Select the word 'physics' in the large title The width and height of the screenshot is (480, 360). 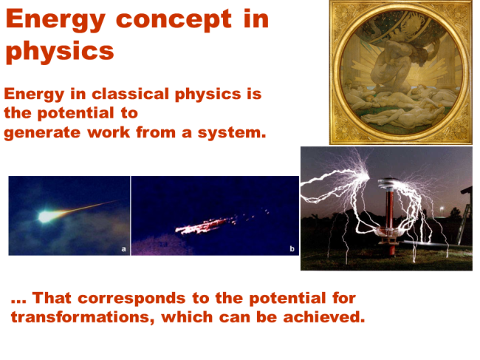point(60,51)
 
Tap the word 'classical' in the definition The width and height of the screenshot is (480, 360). point(121,95)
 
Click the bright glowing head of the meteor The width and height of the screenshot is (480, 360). point(46,217)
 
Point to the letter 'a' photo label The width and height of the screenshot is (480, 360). point(123,250)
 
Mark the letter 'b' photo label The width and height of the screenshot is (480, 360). point(292,250)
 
